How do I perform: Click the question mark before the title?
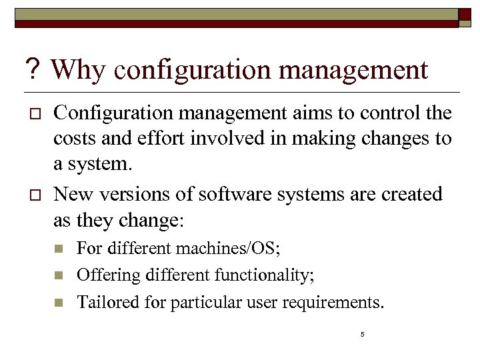point(32,69)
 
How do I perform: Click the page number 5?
point(362,334)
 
